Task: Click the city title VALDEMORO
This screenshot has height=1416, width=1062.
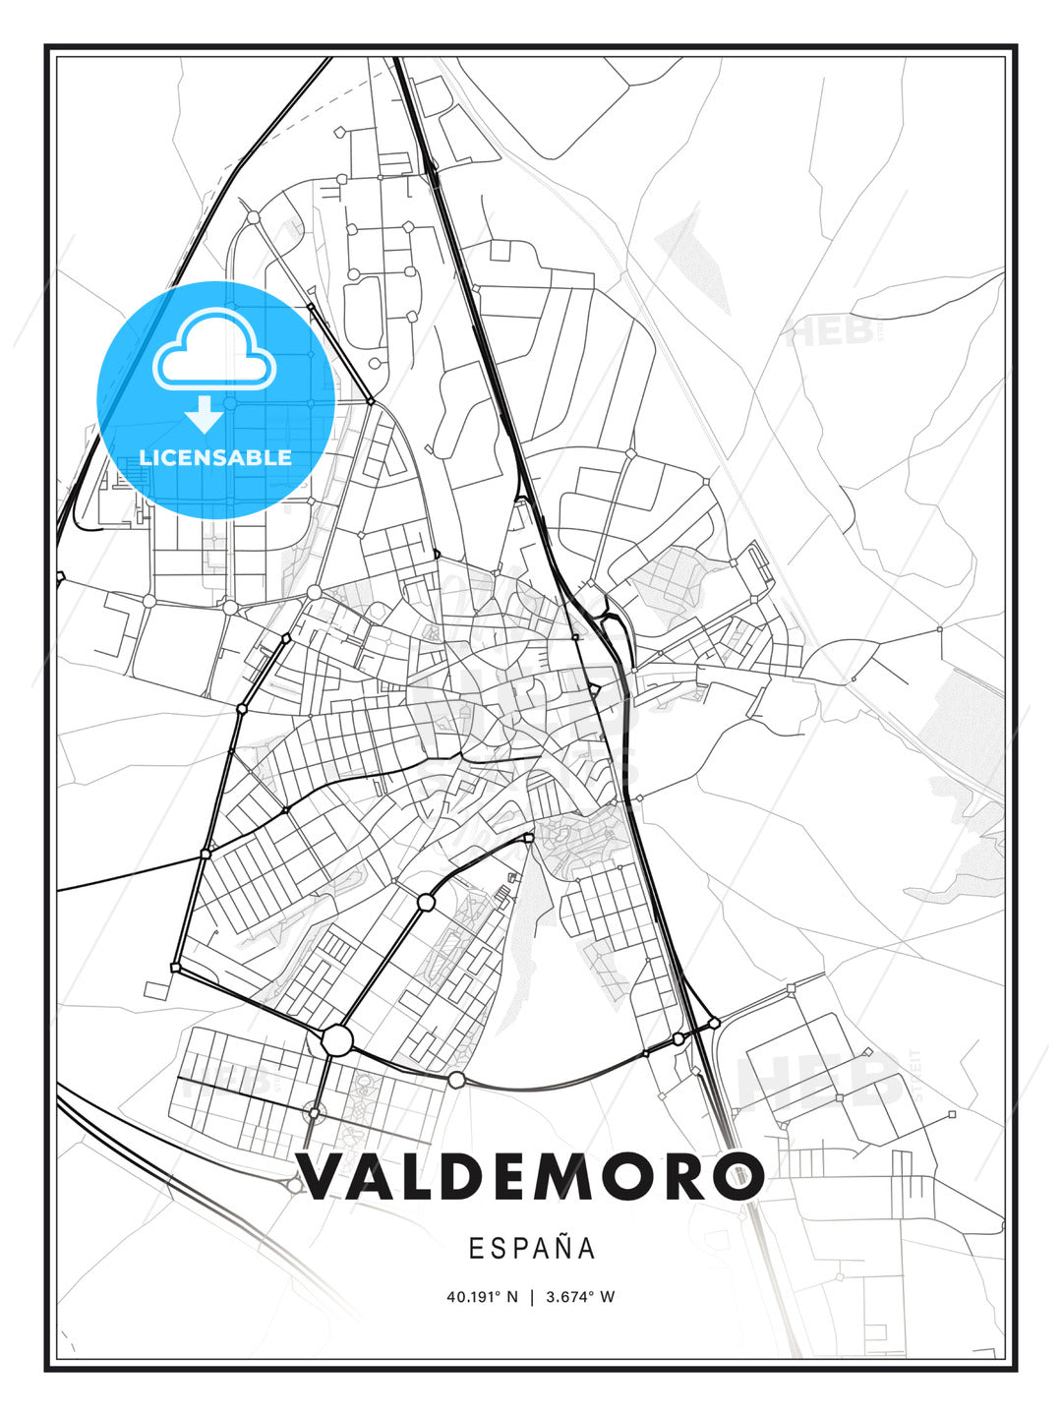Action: pos(531,1177)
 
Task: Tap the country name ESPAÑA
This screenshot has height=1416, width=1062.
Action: pos(532,1248)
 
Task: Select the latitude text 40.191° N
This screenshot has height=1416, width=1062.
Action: pos(482,1297)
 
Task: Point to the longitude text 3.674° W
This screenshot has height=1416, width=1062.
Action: pos(580,1297)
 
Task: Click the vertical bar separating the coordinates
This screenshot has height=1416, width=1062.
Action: pos(532,1297)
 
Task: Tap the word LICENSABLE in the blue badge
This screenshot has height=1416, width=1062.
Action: pos(215,457)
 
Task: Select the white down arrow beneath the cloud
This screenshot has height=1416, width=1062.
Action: pos(205,415)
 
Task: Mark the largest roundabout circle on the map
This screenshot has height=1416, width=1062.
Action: pos(336,1039)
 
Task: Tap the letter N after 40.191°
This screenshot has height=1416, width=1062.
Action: pos(512,1297)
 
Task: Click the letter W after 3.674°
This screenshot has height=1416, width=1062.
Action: pos(608,1297)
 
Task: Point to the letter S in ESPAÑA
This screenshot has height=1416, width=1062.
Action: pos(492,1248)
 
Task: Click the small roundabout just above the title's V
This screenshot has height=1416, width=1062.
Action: pos(314,1112)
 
